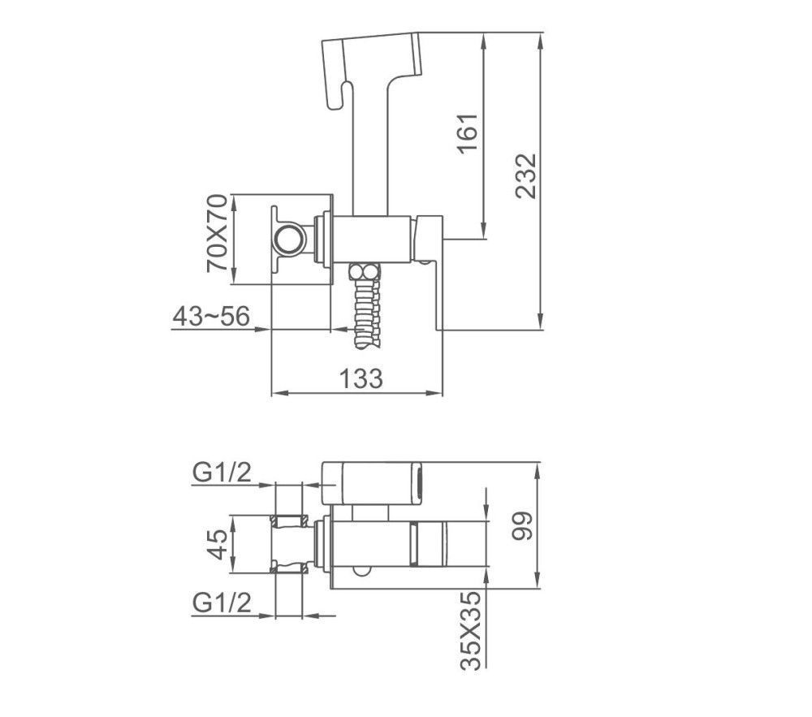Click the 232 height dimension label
(527, 175)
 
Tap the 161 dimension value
(468, 133)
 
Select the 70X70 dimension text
(217, 232)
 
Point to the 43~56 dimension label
(211, 316)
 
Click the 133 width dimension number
(361, 378)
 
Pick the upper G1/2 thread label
(222, 472)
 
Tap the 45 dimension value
(217, 544)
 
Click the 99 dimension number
(521, 526)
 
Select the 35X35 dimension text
(470, 630)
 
